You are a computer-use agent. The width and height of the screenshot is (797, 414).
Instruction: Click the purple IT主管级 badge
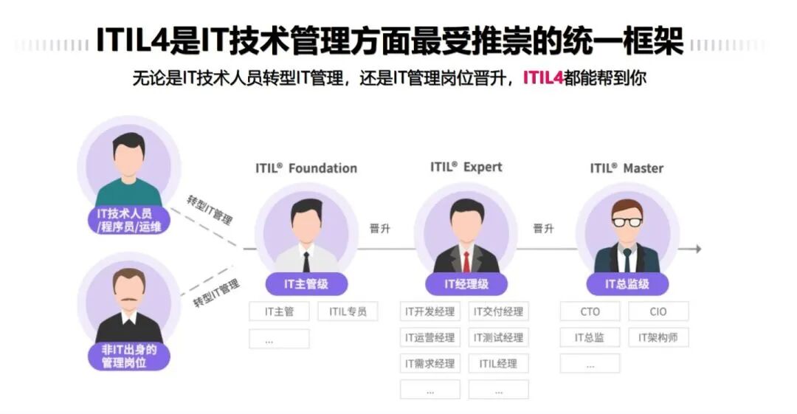306,283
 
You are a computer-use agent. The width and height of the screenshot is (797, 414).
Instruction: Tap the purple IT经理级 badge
466,283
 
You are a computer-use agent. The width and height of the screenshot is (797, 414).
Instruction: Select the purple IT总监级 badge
627,283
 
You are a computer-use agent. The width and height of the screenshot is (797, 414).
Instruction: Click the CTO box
590,311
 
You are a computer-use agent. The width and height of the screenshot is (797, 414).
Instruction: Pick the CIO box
658,311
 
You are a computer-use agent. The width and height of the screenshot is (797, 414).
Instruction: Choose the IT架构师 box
658,337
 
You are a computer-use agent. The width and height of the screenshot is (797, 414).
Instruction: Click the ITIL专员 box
348,311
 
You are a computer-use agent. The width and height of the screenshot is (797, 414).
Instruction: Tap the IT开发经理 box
430,311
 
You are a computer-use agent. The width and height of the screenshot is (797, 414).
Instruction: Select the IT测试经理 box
499,337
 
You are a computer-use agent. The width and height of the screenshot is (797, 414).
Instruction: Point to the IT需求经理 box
430,363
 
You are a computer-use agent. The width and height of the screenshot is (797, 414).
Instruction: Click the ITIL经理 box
499,363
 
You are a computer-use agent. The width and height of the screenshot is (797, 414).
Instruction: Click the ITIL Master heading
627,168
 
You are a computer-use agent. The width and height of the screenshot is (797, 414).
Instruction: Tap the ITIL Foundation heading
306,168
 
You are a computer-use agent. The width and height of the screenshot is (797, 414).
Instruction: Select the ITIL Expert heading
466,167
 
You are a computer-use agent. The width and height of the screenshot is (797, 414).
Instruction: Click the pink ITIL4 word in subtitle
543,77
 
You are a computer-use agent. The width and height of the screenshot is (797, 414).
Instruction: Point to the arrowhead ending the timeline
697,249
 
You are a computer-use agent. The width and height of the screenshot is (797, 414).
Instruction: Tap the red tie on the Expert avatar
466,261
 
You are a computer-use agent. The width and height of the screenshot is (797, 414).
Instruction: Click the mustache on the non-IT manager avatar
129,300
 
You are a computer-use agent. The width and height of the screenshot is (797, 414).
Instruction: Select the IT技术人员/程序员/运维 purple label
129,220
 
